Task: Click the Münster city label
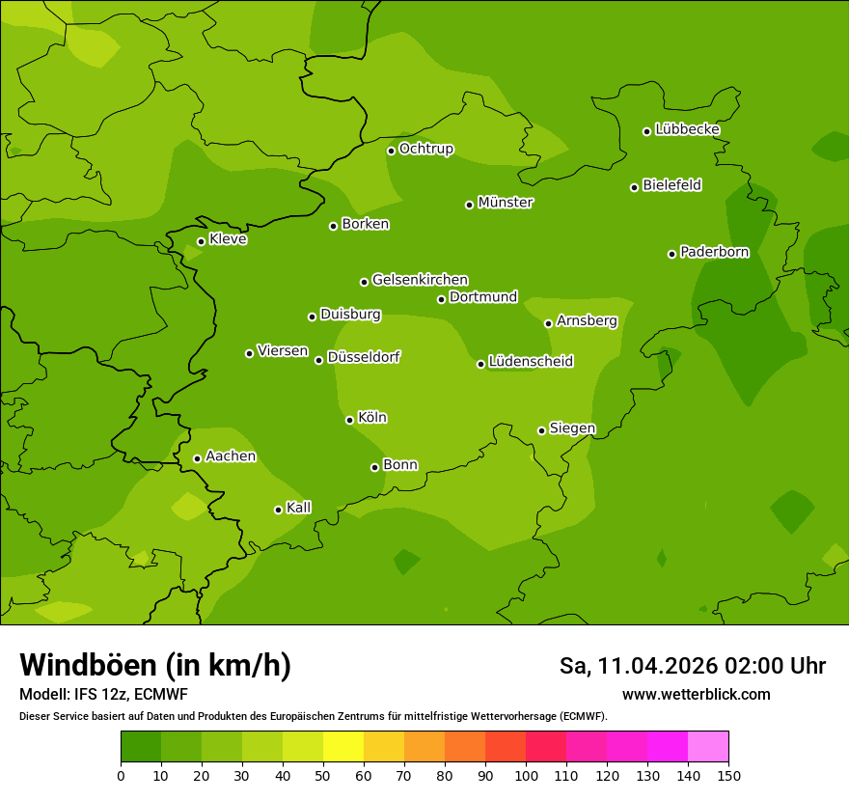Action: coord(506,203)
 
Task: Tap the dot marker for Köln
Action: coord(350,420)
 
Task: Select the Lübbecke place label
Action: coord(687,129)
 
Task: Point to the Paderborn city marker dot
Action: coord(672,254)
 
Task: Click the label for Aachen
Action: coord(231,456)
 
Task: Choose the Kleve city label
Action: coord(228,239)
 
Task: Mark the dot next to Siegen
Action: coord(542,430)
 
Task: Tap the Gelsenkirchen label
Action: coord(420,280)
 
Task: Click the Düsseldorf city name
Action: coord(364,357)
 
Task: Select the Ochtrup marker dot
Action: coord(392,151)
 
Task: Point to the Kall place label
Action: coord(299,508)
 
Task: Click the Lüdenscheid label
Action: coord(531,362)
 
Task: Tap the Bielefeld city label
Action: coord(671,185)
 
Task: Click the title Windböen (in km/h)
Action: coord(155,665)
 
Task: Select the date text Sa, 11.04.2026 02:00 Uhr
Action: coord(692,666)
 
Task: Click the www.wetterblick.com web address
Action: coord(696,694)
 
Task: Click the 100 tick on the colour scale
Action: coord(526,775)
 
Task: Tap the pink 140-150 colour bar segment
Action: coord(708,747)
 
